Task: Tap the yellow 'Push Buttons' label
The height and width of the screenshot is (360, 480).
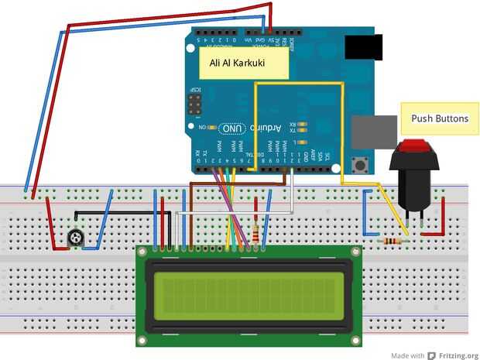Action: tap(440, 119)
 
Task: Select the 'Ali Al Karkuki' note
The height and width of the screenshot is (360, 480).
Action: tap(243, 64)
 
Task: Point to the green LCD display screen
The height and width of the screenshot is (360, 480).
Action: tap(246, 296)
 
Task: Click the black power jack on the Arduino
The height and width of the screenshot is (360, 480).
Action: tap(363, 47)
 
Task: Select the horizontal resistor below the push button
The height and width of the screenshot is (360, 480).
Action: tap(393, 241)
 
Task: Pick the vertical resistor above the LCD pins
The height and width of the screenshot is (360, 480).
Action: tap(256, 231)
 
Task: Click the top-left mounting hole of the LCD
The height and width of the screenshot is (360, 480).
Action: tap(142, 251)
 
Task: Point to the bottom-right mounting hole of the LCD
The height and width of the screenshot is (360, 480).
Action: tap(355, 339)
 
